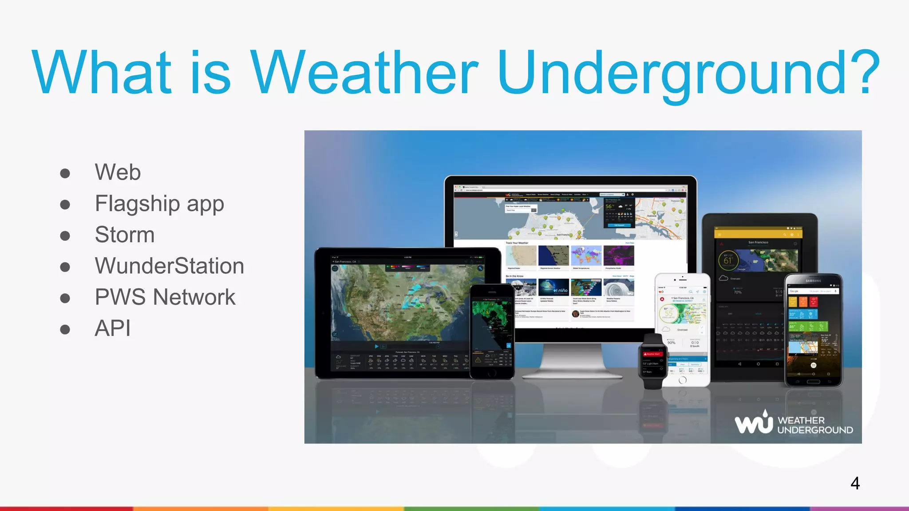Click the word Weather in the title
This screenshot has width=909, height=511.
364,73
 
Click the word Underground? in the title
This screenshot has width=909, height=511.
688,73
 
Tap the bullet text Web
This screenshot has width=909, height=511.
118,172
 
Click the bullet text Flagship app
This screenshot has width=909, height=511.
159,204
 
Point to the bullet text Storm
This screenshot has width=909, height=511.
125,235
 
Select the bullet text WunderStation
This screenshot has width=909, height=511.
169,266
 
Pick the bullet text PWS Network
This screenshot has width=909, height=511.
165,297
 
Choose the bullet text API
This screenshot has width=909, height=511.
112,329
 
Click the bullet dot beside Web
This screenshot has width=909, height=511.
65,173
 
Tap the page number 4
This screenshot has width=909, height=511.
855,483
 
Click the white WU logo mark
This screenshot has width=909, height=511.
754,423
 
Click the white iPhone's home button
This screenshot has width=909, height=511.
683,380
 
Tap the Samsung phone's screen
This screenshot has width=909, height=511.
813,328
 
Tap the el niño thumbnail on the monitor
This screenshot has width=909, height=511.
553,288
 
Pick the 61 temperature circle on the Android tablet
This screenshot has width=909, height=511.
728,261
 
